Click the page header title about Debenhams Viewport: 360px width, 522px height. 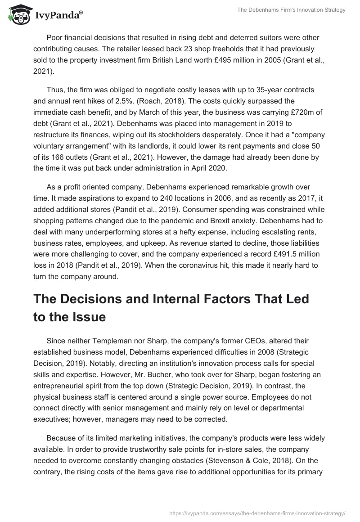pyautogui.click(x=291, y=10)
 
